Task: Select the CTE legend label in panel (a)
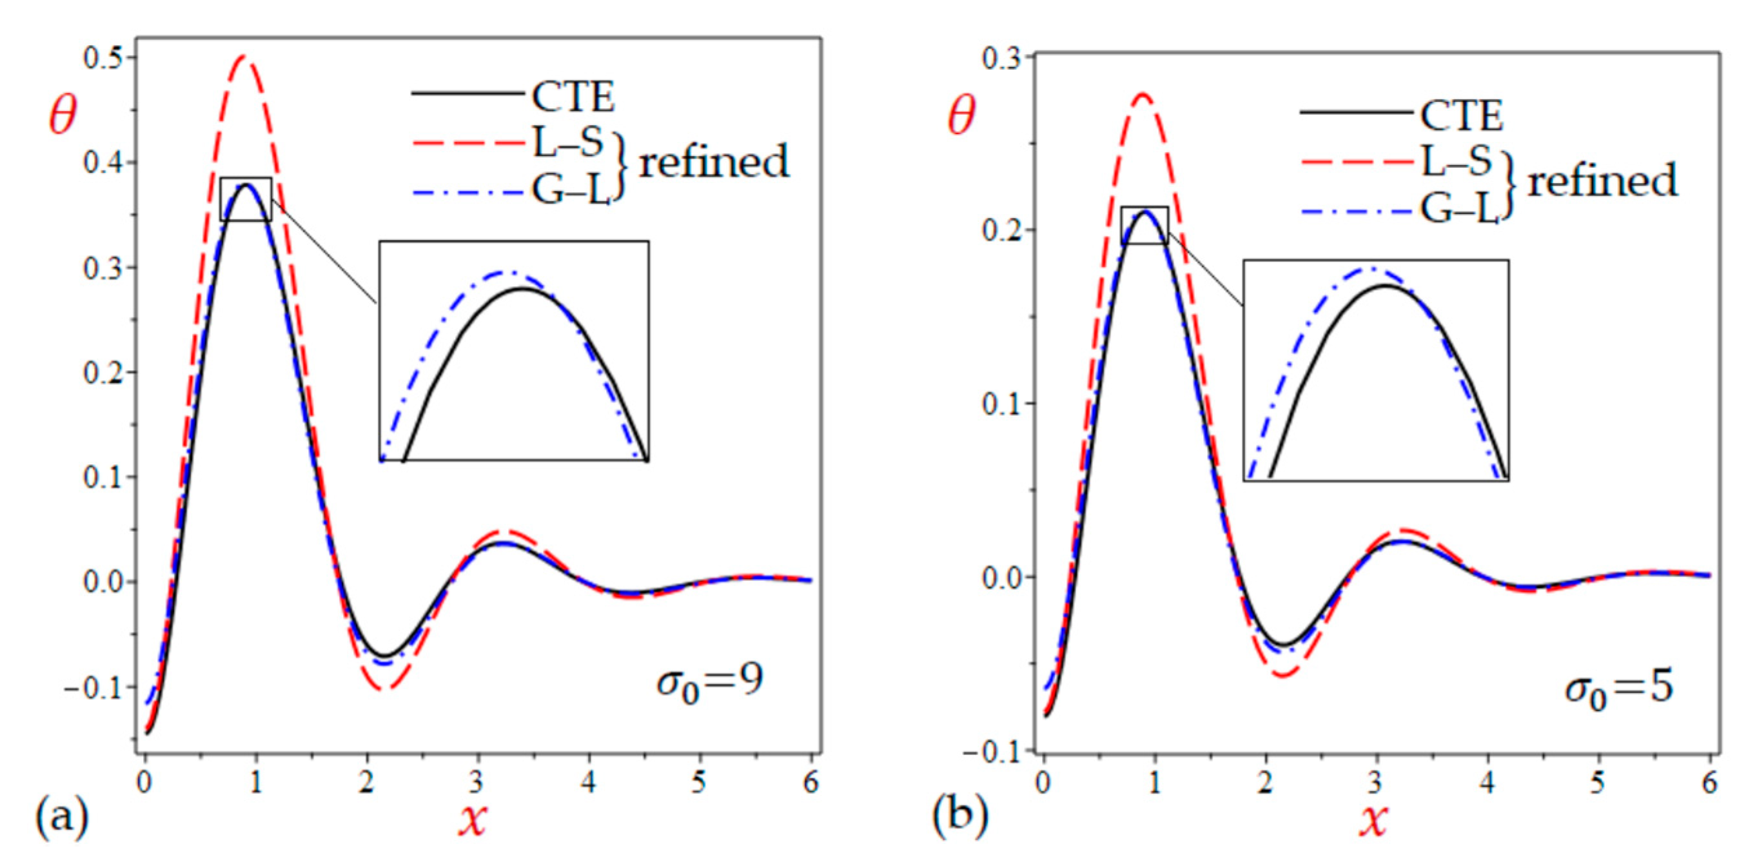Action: coord(573,97)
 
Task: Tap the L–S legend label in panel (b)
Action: coord(1456,162)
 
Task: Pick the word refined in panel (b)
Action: coord(1602,181)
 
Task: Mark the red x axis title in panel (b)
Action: coord(1373,821)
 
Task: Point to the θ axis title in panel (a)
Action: coord(62,116)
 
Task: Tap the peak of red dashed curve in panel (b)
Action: coord(1143,94)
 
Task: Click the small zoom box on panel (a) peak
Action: coord(246,199)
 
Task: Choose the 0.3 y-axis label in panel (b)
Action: coord(1001,57)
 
